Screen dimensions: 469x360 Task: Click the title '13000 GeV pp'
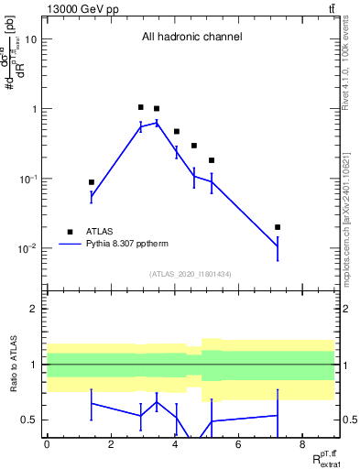coord(80,9)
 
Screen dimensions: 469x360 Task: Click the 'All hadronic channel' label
coord(191,38)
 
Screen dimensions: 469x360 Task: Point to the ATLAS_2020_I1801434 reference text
coord(191,274)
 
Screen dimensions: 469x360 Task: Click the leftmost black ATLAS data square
coord(92,182)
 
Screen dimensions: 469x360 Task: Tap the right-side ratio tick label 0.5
coord(349,420)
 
